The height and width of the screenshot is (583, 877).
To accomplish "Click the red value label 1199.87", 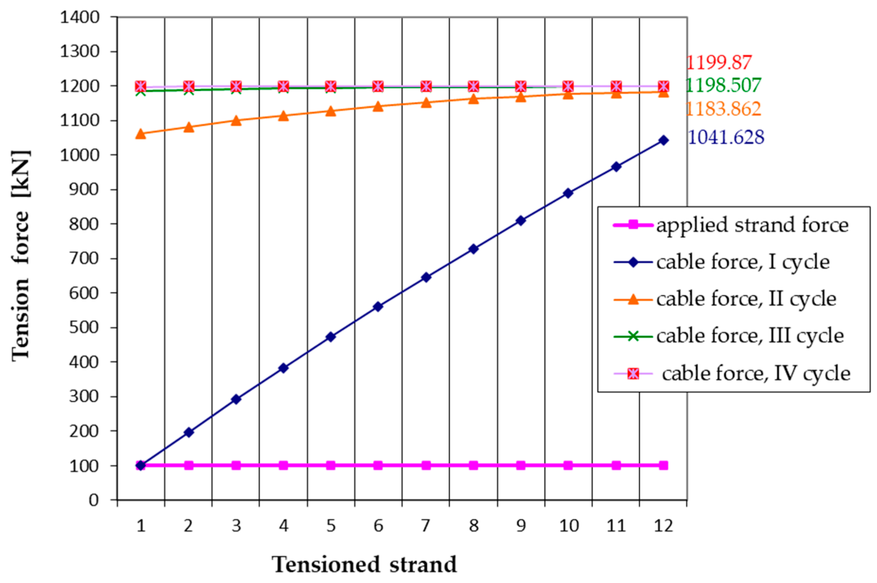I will pyautogui.click(x=718, y=62).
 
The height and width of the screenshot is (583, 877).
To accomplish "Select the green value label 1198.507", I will pyautogui.click(x=723, y=85).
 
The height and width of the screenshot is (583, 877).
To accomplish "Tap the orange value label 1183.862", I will pyautogui.click(x=723, y=109).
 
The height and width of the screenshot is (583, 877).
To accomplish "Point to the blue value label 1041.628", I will pyautogui.click(x=726, y=137).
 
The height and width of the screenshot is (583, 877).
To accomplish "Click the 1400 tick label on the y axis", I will pyautogui.click(x=80, y=17).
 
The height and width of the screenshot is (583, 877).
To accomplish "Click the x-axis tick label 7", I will pyautogui.click(x=425, y=526).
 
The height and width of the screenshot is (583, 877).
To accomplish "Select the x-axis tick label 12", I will pyautogui.click(x=663, y=526).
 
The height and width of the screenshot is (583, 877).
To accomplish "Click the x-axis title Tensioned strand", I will pyautogui.click(x=364, y=565).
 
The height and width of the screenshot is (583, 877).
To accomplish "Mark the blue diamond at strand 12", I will pyautogui.click(x=663, y=140).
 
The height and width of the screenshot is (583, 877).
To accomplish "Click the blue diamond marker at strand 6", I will pyautogui.click(x=378, y=307).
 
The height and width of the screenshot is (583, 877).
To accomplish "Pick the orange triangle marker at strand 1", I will pyautogui.click(x=141, y=134).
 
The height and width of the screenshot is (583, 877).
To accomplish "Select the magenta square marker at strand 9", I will pyautogui.click(x=521, y=465).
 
